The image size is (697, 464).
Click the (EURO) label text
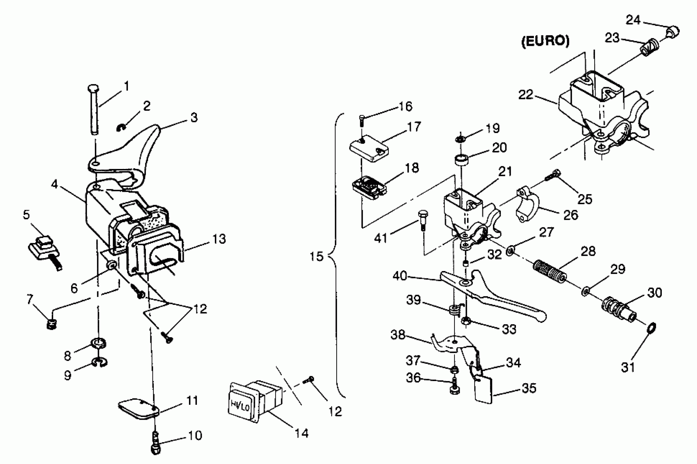[545, 41]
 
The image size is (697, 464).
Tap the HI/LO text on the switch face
[240, 406]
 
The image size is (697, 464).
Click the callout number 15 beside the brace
[317, 256]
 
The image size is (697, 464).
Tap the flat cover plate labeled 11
[138, 409]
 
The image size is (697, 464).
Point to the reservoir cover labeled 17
[369, 148]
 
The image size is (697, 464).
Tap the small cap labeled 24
[674, 32]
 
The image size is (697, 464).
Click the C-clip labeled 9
[100, 362]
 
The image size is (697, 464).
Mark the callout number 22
[526, 95]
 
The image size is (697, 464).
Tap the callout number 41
[380, 238]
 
